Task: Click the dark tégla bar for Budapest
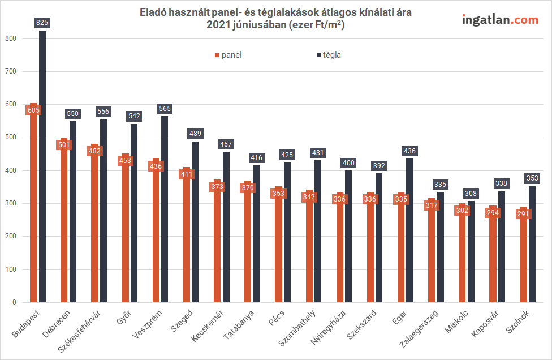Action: pos(42,170)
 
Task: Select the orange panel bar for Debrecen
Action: pos(64,226)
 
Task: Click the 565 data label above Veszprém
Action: pos(165,109)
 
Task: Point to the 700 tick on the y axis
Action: pos(10,71)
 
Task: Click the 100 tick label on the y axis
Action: pos(10,269)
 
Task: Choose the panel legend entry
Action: pos(228,55)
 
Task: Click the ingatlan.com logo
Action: pos(500,20)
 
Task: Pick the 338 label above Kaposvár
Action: pos(502,183)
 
